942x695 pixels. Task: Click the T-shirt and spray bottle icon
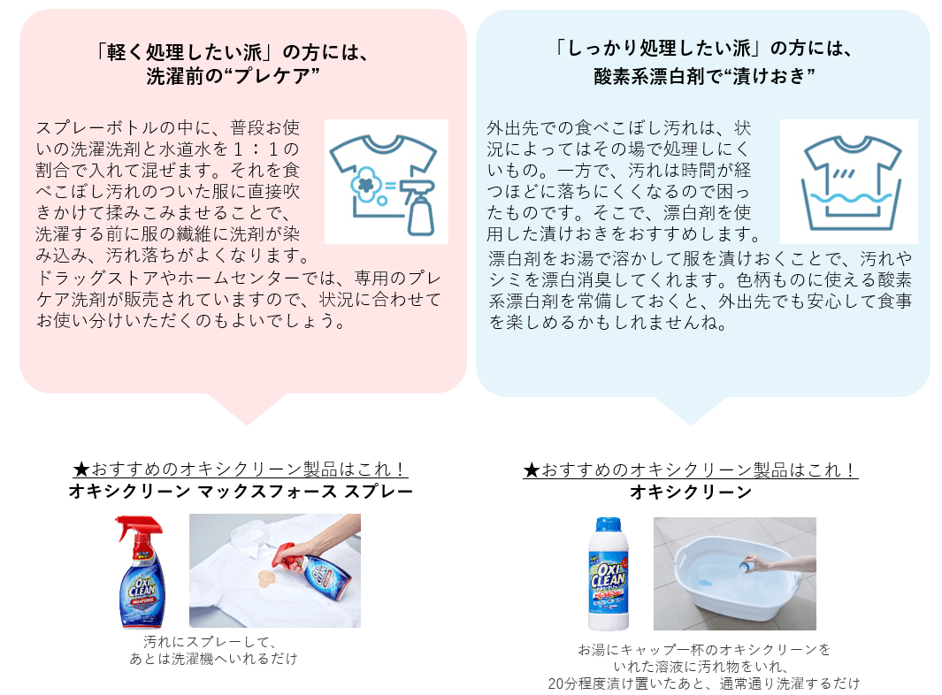coord(387,181)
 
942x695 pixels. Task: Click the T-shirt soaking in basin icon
coord(848,181)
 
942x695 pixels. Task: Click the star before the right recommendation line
coord(532,470)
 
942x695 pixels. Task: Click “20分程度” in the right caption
coord(578,683)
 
